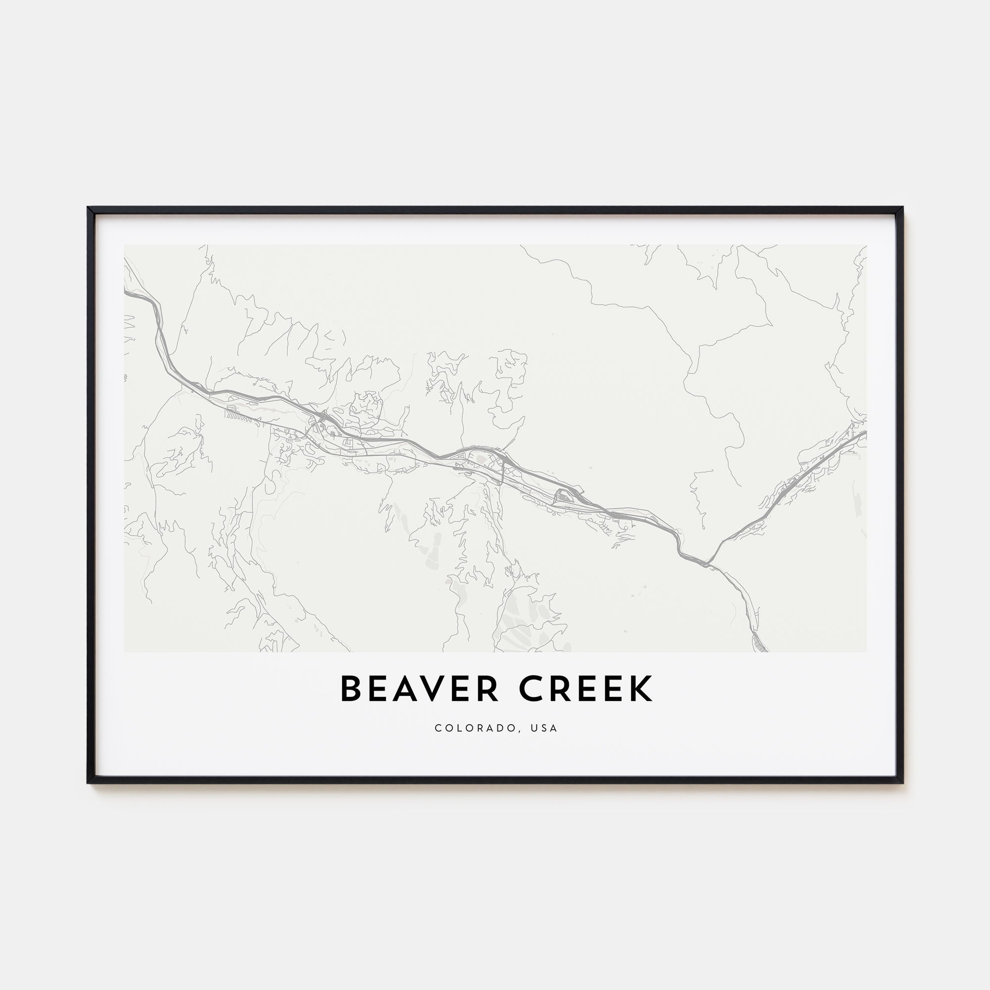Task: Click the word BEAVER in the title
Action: (419, 689)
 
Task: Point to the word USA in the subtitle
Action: (544, 728)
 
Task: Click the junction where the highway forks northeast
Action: (709, 563)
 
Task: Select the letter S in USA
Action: (544, 728)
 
